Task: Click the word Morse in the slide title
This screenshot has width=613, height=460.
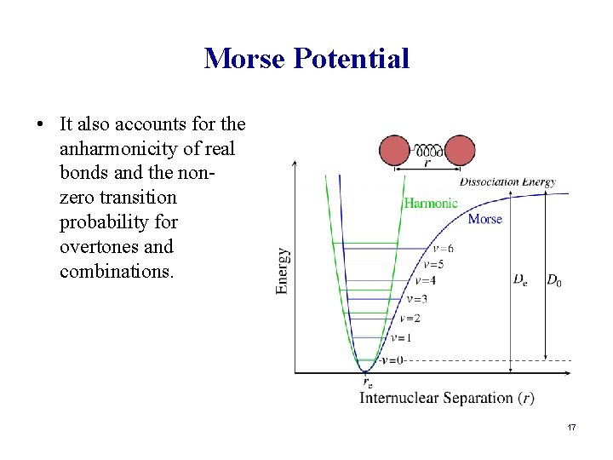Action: [x=245, y=58]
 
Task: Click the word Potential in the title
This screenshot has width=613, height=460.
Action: [x=352, y=58]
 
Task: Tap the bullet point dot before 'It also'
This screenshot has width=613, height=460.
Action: [x=40, y=124]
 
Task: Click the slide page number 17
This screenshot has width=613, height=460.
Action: [x=571, y=426]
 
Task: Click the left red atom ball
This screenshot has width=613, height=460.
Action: [x=394, y=151]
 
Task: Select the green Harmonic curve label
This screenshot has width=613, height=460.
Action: [x=430, y=204]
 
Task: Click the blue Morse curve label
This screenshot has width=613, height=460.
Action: [x=484, y=219]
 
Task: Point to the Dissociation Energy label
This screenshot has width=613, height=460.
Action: [x=507, y=181]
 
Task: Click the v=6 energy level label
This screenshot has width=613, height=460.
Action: [x=442, y=249]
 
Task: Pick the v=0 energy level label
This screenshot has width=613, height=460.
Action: [x=391, y=359]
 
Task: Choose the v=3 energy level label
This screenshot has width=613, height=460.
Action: [x=416, y=299]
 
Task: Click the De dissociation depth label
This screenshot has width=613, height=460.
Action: [x=519, y=279]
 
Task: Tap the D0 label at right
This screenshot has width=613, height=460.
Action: [x=553, y=279]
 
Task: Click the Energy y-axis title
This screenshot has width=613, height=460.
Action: [x=284, y=271]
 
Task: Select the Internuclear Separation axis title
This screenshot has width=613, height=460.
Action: [x=447, y=398]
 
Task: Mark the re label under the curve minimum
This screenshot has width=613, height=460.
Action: [x=367, y=382]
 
